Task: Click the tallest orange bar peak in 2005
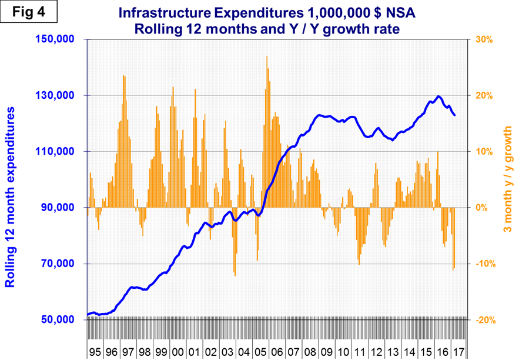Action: (x=267, y=57)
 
